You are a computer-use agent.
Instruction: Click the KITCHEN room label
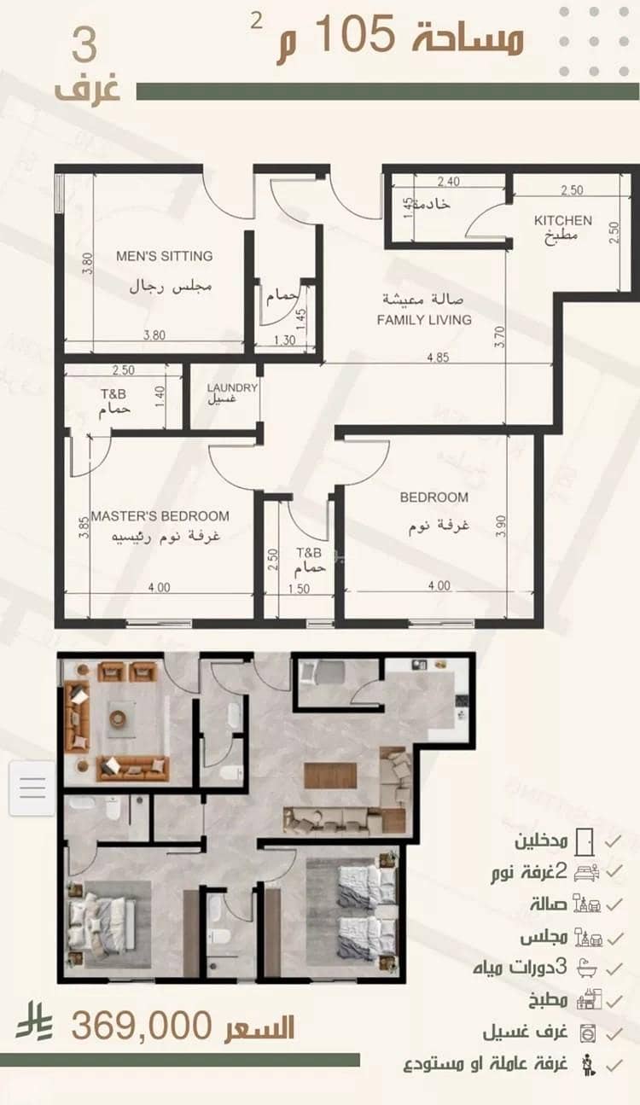coord(563,220)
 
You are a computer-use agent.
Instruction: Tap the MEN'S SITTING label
coord(165,256)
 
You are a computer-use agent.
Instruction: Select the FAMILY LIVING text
coord(424,320)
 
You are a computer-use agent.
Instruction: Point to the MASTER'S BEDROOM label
coord(160,516)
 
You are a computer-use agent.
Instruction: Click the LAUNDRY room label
coord(232,387)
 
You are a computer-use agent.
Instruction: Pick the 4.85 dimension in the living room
coord(438,358)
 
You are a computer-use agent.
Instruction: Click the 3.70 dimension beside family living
coord(500,337)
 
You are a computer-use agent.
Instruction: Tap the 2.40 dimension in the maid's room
coord(449,182)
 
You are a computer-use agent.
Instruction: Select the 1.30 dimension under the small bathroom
coord(285,340)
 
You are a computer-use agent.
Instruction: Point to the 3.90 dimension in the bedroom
coord(500,526)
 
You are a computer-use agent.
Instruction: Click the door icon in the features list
coord(585,841)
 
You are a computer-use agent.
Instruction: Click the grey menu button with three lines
coord(32,788)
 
